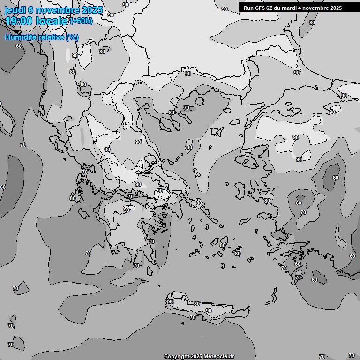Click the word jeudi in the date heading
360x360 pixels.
15,10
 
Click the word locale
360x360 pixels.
52,21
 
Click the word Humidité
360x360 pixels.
20,37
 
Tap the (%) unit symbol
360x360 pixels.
72,37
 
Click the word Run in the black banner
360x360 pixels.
248,8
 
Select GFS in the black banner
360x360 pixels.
260,8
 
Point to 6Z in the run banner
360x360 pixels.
271,8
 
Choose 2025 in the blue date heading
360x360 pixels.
91,10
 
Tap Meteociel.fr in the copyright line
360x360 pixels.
219,357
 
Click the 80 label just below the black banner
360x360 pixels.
312,22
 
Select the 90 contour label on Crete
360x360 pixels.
208,311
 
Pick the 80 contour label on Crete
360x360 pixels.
197,304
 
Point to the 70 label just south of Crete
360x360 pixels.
192,318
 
